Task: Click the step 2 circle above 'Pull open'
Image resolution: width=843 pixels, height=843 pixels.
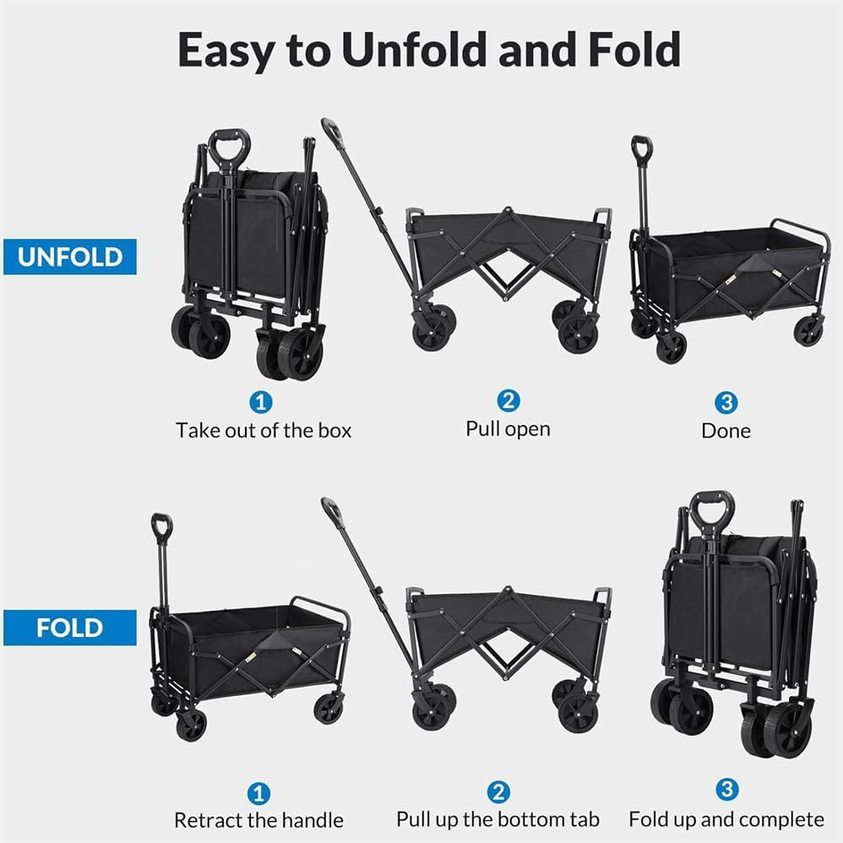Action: click(x=508, y=400)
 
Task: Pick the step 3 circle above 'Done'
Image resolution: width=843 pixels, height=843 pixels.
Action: click(x=726, y=400)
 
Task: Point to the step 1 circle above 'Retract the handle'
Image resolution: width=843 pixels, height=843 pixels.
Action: click(x=258, y=792)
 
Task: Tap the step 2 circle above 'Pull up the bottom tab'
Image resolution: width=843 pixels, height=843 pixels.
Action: click(x=498, y=791)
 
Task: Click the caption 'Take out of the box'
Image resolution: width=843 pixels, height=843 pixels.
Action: click(x=264, y=430)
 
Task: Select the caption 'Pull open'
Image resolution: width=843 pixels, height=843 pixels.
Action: click(x=508, y=428)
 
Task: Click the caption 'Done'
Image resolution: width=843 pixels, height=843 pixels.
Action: click(x=726, y=430)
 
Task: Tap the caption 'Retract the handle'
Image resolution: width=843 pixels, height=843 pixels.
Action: click(x=258, y=820)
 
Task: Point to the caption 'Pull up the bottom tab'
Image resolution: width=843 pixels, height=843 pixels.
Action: click(x=498, y=819)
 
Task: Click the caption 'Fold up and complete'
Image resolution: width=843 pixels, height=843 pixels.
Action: click(x=726, y=819)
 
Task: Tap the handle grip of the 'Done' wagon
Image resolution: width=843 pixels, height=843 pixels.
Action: click(x=642, y=148)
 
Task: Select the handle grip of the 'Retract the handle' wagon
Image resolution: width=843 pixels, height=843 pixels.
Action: click(x=161, y=525)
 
